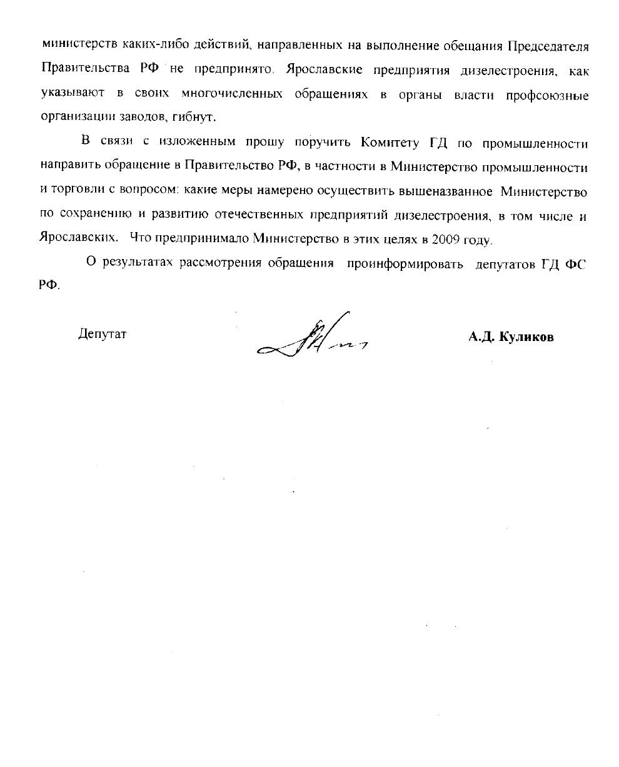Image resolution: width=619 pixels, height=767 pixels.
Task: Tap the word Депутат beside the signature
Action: click(102, 334)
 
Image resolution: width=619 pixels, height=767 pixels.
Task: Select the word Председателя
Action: click(547, 47)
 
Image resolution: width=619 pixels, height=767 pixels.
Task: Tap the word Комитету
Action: click(389, 143)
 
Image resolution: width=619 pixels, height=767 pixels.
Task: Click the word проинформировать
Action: click(405, 263)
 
